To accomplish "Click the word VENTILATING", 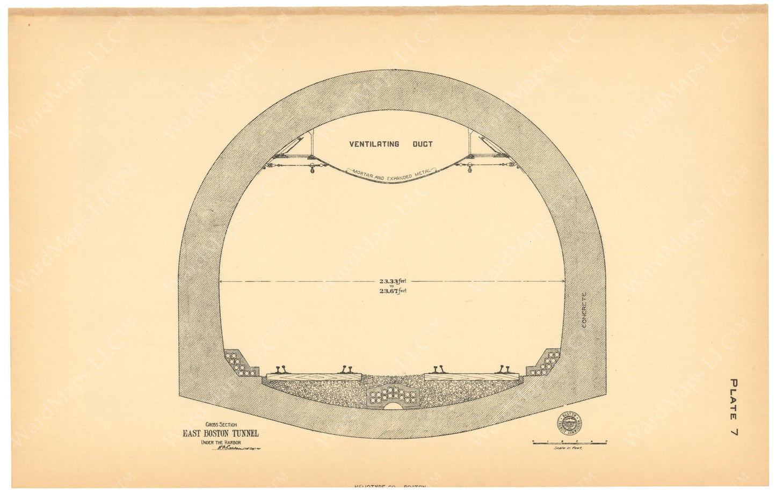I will click(373, 144).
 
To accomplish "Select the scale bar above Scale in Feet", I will click(569, 441).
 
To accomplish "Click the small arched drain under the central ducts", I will click(391, 407).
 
